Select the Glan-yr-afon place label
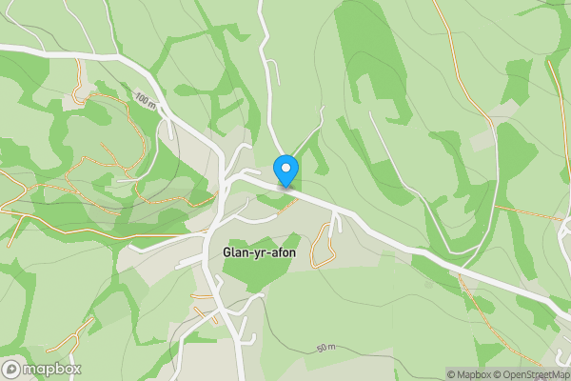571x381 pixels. point(259,252)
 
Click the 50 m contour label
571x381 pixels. point(326,348)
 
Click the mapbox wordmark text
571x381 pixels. point(52,369)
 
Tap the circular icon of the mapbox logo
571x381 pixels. point(11,369)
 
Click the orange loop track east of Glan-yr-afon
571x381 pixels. point(325,243)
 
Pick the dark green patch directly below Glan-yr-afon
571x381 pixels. point(255,276)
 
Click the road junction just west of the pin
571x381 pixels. point(231,176)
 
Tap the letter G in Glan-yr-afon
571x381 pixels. point(226,252)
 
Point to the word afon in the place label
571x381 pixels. point(283,252)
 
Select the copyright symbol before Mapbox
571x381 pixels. point(451,374)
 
